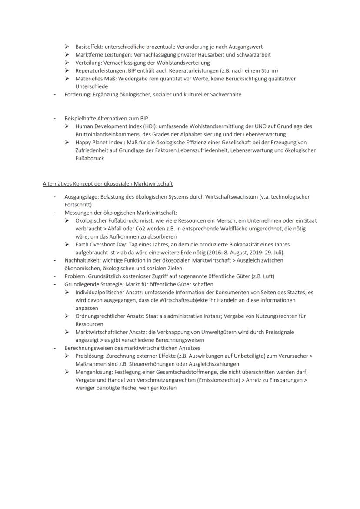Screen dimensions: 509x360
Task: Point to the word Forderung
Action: pyautogui.click(x=77, y=94)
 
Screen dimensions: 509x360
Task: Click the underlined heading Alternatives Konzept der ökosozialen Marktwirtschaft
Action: pyautogui.click(x=108, y=183)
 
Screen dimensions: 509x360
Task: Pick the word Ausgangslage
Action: pyautogui.click(x=80, y=196)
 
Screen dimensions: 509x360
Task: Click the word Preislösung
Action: pyautogui.click(x=89, y=356)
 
